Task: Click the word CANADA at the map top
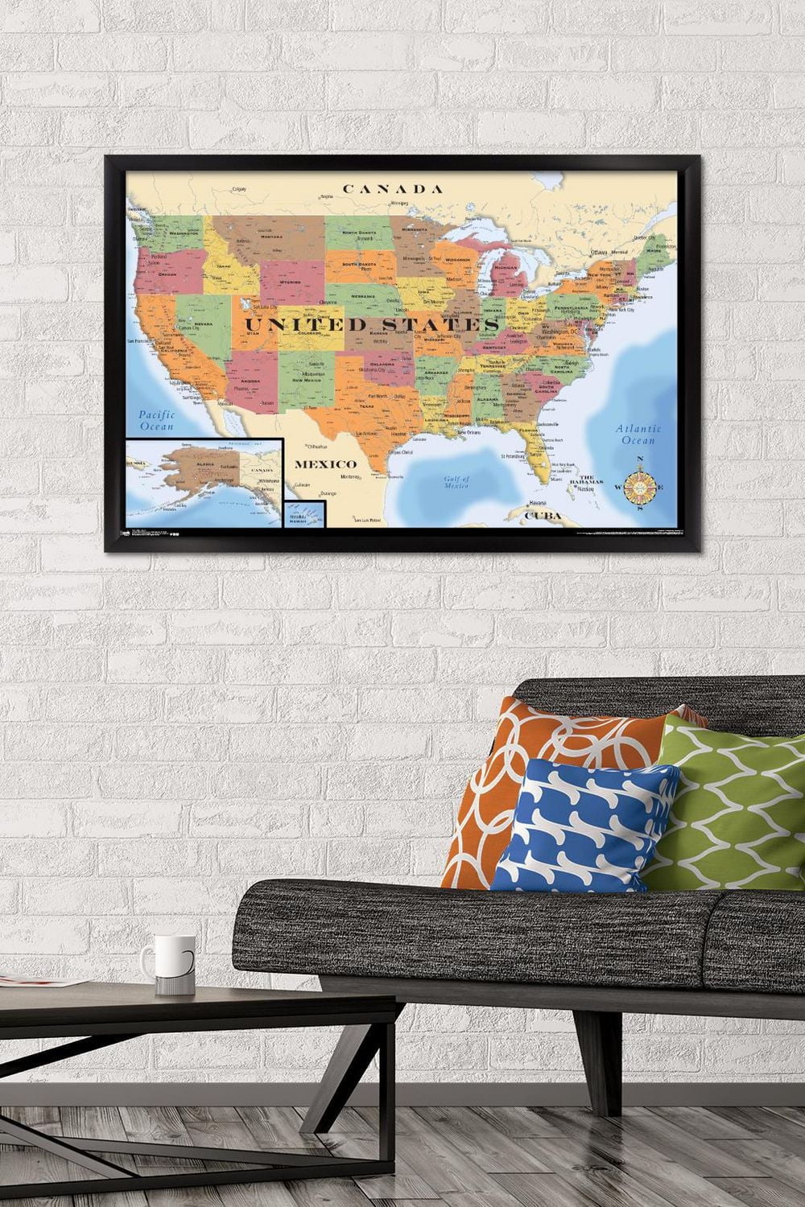(393, 189)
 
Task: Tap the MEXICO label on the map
(324, 464)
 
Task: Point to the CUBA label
(542, 516)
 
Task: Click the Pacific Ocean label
(156, 421)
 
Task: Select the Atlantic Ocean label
(639, 435)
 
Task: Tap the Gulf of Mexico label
(456, 482)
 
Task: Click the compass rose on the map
(640, 485)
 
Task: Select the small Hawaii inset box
(304, 514)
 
